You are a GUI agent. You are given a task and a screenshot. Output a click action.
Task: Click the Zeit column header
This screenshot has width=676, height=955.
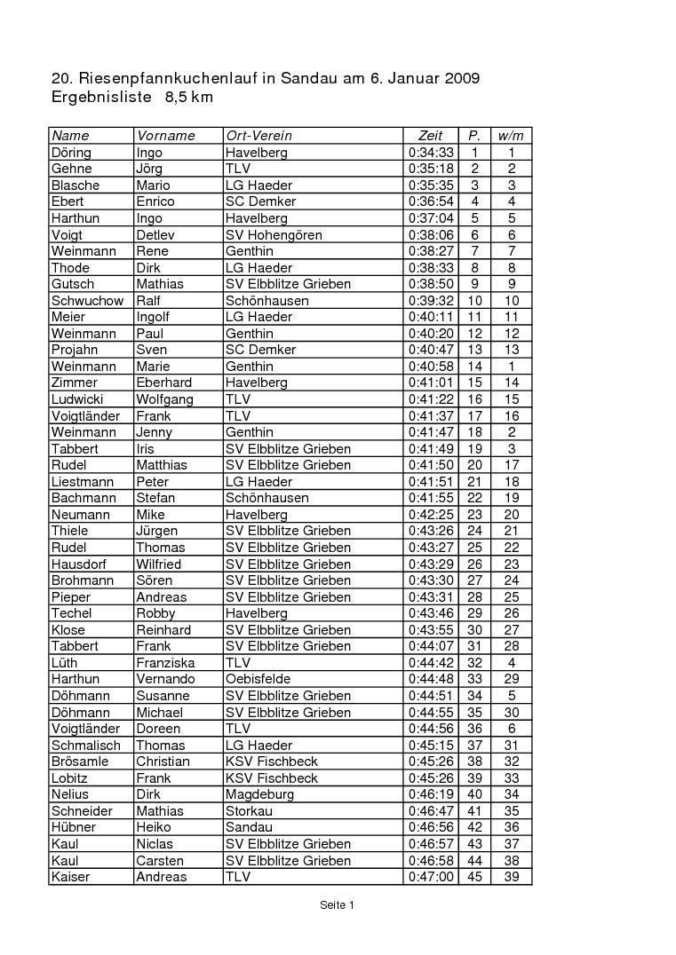(430, 136)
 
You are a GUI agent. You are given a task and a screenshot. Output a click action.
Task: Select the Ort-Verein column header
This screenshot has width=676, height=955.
(258, 136)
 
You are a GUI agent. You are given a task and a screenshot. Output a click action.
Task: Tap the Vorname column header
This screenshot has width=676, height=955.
(165, 136)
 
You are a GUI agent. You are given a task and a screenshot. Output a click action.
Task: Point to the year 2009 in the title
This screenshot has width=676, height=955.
(461, 78)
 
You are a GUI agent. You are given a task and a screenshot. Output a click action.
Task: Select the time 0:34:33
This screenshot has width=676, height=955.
(431, 153)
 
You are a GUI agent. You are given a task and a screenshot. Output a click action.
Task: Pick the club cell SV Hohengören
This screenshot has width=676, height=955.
(274, 235)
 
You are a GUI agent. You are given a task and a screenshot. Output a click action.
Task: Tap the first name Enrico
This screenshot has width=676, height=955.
(155, 201)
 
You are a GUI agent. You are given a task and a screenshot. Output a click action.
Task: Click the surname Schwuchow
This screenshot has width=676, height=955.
(87, 301)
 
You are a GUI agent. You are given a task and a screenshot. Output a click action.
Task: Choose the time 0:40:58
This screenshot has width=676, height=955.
(431, 367)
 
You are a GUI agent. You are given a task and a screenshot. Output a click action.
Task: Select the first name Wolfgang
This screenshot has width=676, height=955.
(164, 399)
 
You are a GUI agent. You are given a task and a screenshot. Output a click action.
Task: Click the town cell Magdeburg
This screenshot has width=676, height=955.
(259, 794)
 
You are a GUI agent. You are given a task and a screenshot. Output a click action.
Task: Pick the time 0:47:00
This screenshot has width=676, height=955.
(431, 877)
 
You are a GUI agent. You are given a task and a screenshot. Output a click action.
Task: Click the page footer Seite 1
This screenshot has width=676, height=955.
(338, 905)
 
